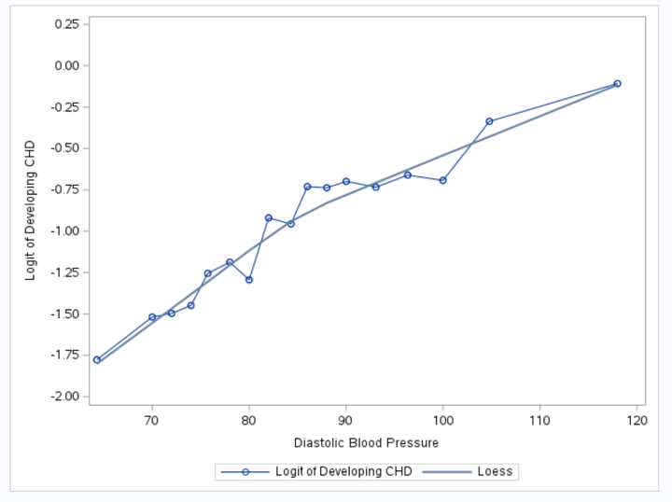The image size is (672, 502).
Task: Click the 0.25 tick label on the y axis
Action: [66, 23]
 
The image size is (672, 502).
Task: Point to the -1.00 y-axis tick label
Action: [64, 231]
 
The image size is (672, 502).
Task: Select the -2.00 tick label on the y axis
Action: [64, 397]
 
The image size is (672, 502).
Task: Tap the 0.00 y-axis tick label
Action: [66, 65]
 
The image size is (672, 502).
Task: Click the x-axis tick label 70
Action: [152, 421]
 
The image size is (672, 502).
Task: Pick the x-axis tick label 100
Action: [442, 421]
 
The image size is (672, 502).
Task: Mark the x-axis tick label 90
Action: [345, 421]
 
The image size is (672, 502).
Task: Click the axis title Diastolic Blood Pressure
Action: [366, 442]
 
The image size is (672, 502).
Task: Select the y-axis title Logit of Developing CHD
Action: [31, 210]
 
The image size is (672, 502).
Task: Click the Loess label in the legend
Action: [495, 472]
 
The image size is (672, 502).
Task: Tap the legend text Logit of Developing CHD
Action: [343, 472]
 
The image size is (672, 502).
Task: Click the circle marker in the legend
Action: [245, 472]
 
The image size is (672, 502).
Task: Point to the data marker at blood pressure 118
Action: [617, 84]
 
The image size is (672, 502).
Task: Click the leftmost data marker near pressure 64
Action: [97, 359]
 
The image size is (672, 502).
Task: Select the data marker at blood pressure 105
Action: [489, 121]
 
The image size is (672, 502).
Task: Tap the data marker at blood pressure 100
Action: [442, 180]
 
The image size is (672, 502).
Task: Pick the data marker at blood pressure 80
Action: [249, 280]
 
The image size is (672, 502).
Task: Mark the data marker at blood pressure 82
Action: [268, 217]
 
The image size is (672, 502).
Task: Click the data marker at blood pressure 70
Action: [152, 317]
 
